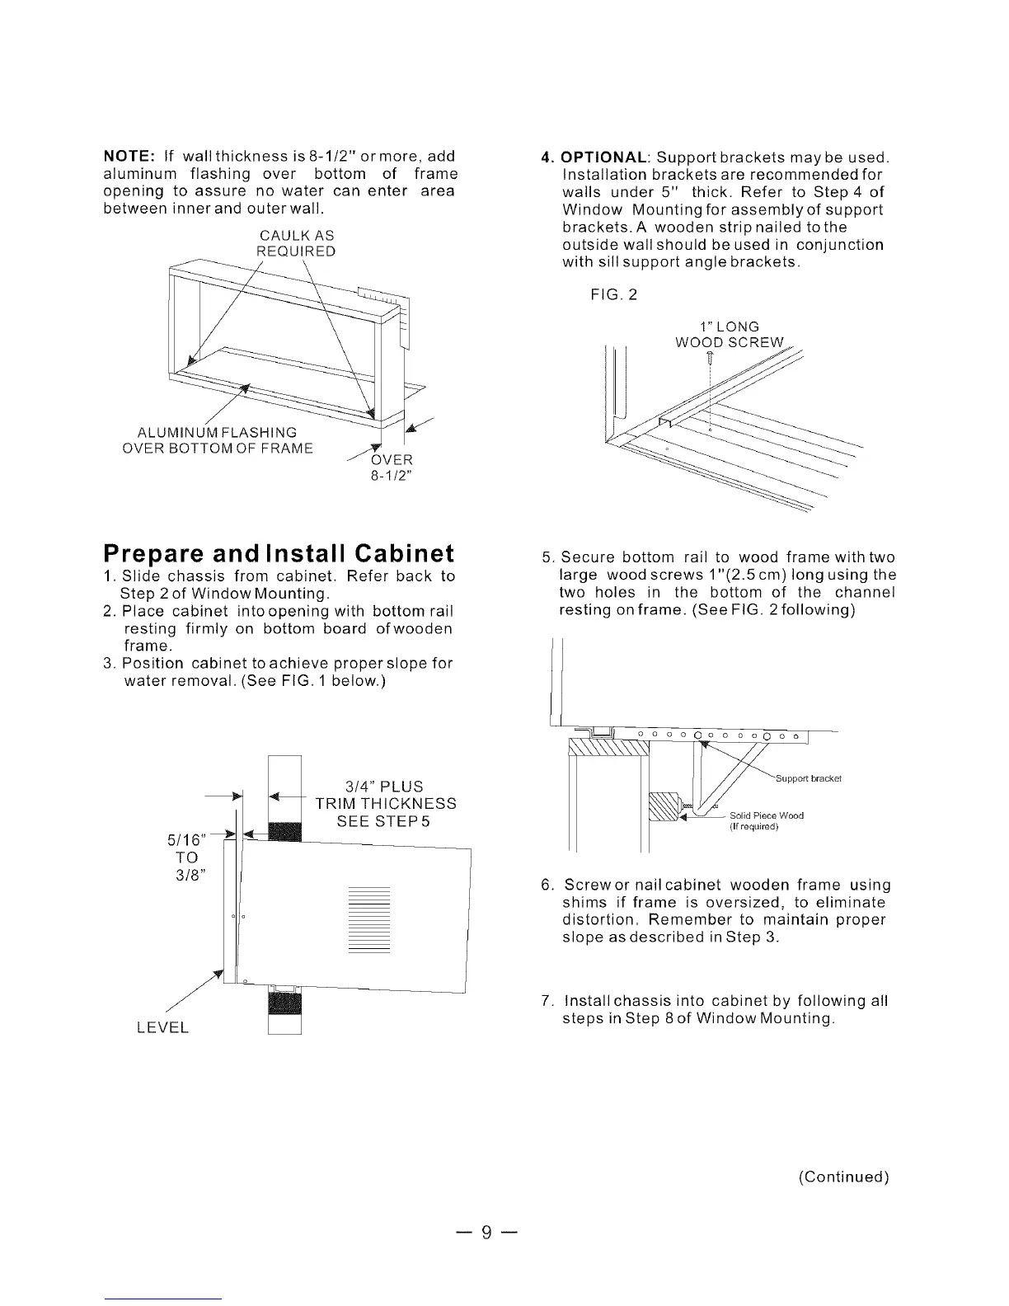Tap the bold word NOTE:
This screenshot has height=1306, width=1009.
129,157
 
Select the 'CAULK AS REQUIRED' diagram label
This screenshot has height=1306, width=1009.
296,243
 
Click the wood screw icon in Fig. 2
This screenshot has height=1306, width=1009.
711,359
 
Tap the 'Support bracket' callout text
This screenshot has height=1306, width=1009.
809,778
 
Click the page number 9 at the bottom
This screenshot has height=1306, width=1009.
486,1233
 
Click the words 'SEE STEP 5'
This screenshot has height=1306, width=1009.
383,822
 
